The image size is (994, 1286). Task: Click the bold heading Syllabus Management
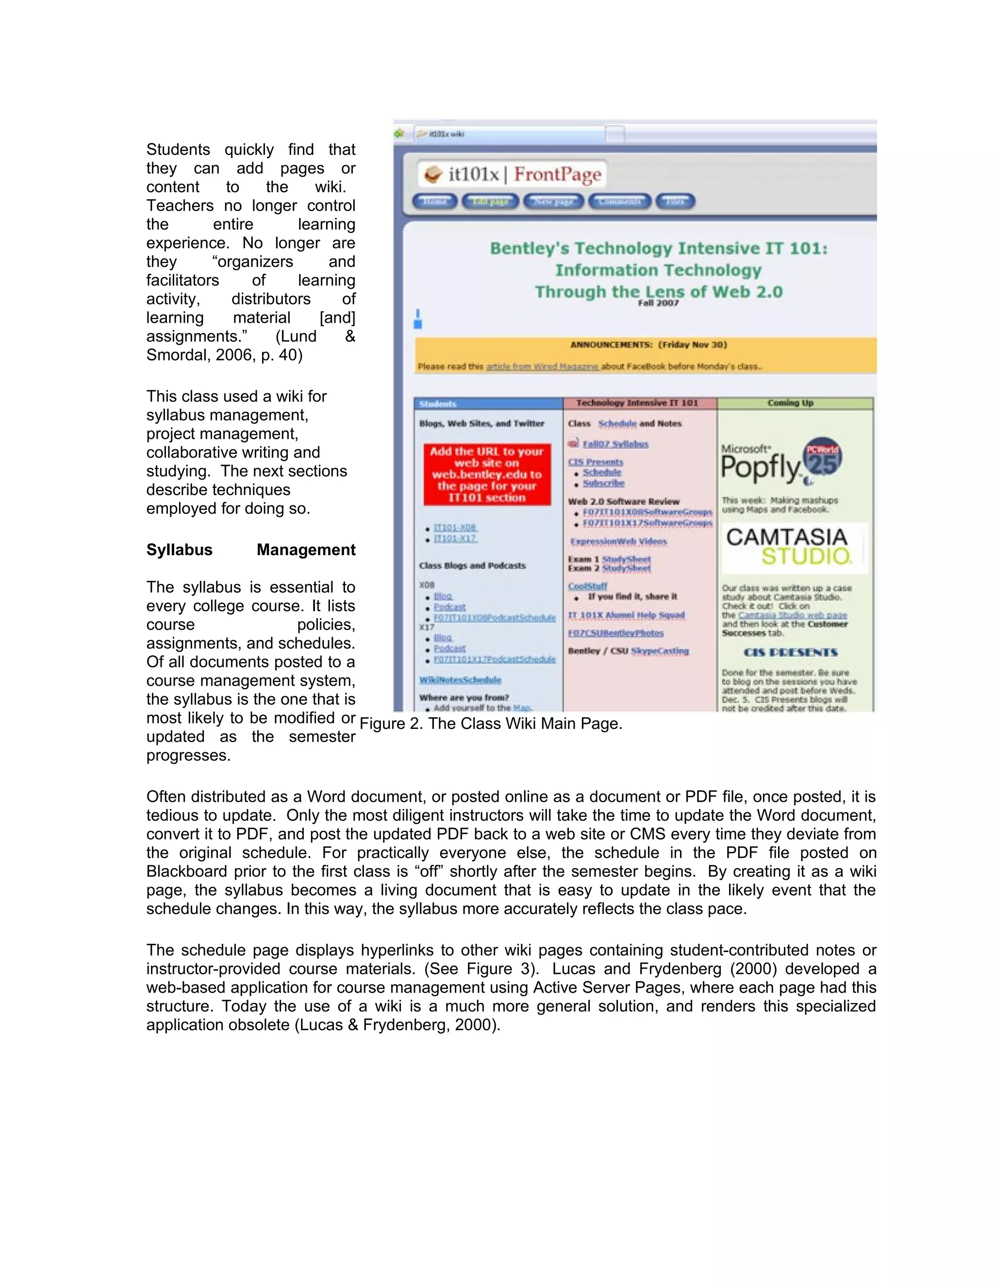coord(250,549)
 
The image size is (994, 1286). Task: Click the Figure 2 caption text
coord(491,723)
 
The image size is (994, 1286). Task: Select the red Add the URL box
coord(486,474)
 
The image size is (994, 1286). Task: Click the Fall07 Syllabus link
coord(615,444)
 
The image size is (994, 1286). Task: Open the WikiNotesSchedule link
coord(460,679)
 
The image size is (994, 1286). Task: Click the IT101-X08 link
coord(455,528)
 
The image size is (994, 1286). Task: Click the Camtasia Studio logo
coord(788,546)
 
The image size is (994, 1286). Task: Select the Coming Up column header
coord(790,403)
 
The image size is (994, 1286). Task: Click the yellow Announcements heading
coord(648,345)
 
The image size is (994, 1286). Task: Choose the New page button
coord(553,201)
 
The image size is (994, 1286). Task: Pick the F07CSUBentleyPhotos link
coord(615,633)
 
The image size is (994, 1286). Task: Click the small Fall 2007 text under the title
coord(658,303)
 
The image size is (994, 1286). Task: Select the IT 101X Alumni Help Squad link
coord(626,615)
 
